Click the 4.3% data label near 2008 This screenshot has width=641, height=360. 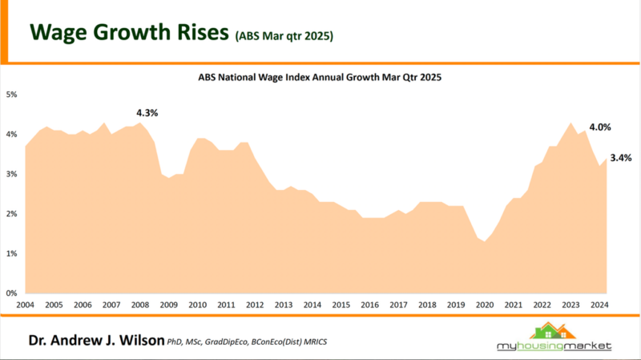click(147, 113)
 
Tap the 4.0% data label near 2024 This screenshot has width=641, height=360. click(600, 127)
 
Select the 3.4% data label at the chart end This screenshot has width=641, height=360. click(620, 158)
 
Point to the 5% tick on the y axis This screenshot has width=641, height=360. click(12, 95)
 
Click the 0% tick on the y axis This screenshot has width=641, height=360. click(12, 293)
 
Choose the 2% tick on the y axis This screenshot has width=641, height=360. click(12, 214)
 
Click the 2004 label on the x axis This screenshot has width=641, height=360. click(25, 305)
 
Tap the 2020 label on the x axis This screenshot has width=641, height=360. click(485, 305)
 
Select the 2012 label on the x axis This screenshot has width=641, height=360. click(255, 305)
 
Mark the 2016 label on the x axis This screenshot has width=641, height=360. click(369, 305)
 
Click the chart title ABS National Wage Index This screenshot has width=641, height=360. click(320, 79)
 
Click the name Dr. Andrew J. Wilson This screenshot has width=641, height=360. click(95, 341)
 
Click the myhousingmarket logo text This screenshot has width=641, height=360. click(553, 346)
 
